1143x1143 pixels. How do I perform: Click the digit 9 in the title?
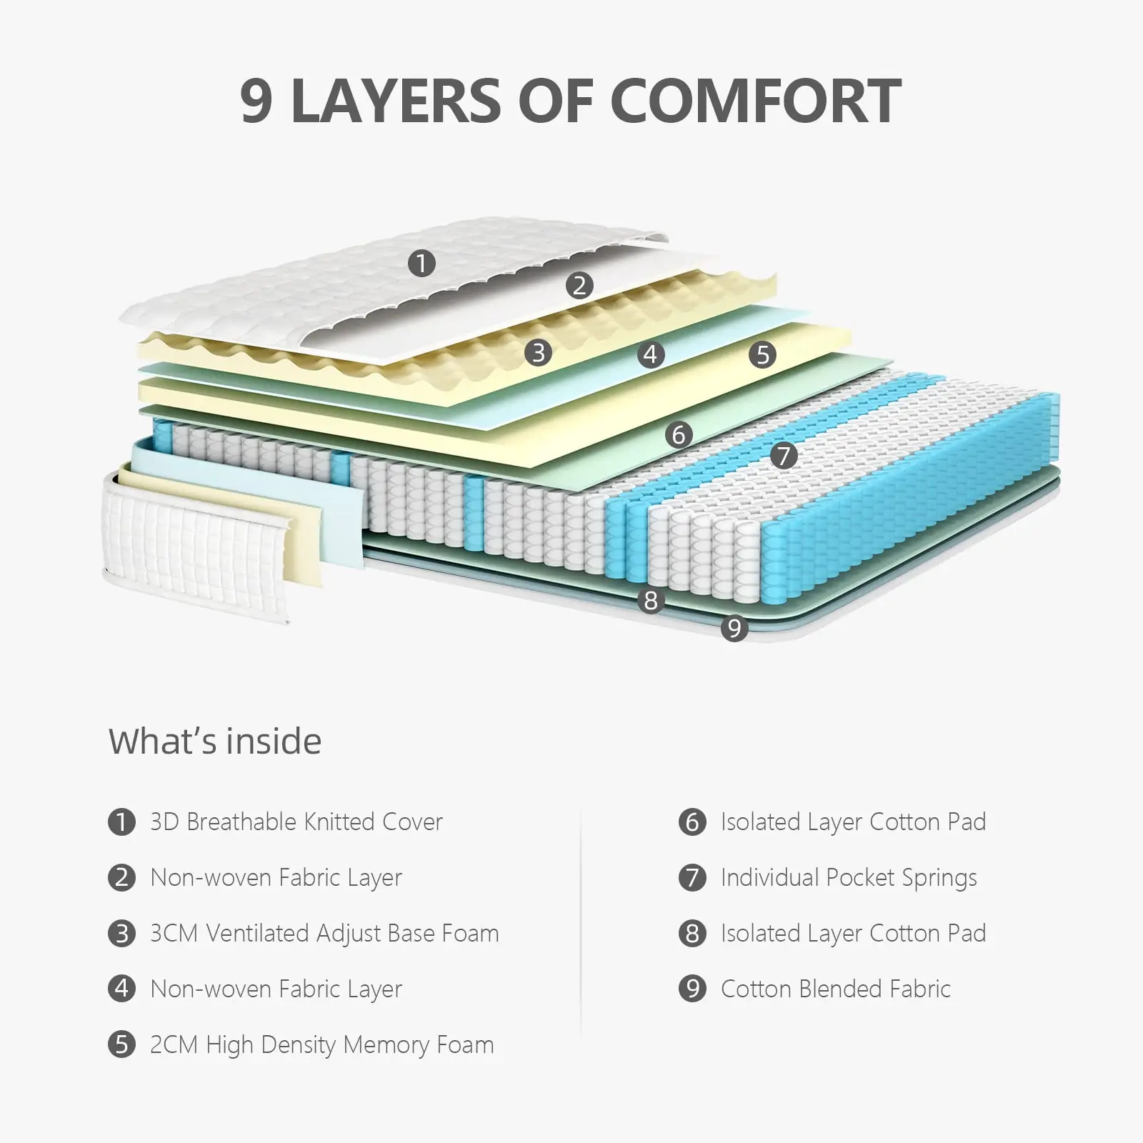tap(256, 101)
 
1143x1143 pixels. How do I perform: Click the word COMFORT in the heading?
tap(756, 101)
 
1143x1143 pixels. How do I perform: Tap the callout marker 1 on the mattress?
tap(421, 264)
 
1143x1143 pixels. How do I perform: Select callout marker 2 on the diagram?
tap(579, 286)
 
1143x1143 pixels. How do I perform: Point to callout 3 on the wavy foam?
tap(538, 352)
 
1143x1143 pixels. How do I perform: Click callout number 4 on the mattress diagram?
tap(650, 354)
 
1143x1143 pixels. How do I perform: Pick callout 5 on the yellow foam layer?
tap(763, 354)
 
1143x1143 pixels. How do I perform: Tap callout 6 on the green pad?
tap(679, 434)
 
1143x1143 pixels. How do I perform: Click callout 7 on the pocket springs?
tap(784, 455)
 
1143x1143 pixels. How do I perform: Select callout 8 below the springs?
tap(650, 601)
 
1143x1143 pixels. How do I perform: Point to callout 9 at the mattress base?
tap(734, 629)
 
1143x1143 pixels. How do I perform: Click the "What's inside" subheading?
tap(215, 742)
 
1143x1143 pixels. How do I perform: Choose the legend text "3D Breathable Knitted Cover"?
tap(296, 822)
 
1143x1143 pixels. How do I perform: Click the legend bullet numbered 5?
tap(121, 1044)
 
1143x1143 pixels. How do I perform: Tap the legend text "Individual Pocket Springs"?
tap(849, 878)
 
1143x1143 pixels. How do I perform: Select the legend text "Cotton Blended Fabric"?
tap(835, 989)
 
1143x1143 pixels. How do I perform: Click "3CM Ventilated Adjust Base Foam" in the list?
tap(324, 933)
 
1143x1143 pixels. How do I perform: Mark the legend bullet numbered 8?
tap(692, 933)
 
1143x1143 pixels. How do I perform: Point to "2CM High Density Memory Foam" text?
tap(321, 1044)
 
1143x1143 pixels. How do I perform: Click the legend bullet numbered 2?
tap(121, 877)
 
